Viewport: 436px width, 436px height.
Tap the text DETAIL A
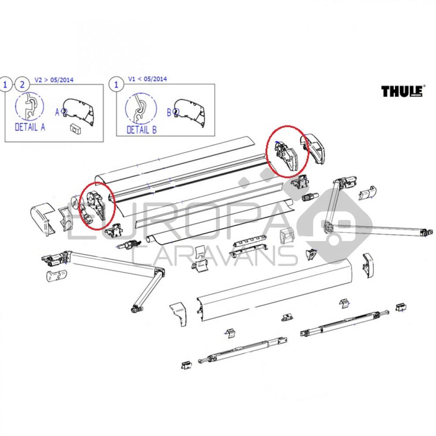click(x=30, y=127)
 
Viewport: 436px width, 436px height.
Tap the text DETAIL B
click(x=141, y=129)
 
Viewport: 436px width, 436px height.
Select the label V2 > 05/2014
click(x=54, y=80)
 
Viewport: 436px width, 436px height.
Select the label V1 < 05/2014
click(x=147, y=79)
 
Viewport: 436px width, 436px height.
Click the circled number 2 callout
click(x=20, y=83)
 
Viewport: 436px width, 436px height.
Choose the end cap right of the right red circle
click(x=317, y=150)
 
